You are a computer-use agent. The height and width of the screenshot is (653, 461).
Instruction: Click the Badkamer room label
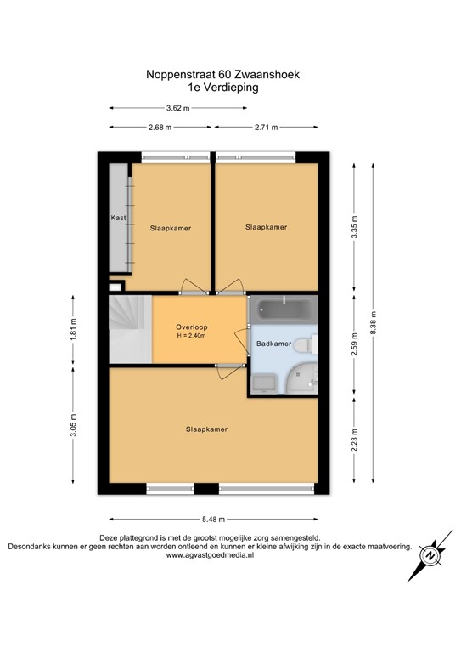click(x=273, y=344)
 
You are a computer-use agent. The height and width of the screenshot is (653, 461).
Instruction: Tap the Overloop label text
click(x=192, y=326)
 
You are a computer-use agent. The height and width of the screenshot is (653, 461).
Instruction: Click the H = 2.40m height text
click(x=192, y=336)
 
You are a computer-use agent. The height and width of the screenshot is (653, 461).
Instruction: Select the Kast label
click(x=118, y=219)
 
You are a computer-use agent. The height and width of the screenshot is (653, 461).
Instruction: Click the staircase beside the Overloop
click(x=128, y=327)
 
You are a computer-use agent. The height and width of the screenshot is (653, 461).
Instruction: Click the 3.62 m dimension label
click(x=176, y=108)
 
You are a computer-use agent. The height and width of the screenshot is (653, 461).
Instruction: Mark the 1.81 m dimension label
click(x=74, y=327)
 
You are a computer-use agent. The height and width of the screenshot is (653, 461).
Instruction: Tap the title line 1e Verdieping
click(x=223, y=87)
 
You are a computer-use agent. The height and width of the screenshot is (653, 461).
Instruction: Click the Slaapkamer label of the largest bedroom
click(x=206, y=429)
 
